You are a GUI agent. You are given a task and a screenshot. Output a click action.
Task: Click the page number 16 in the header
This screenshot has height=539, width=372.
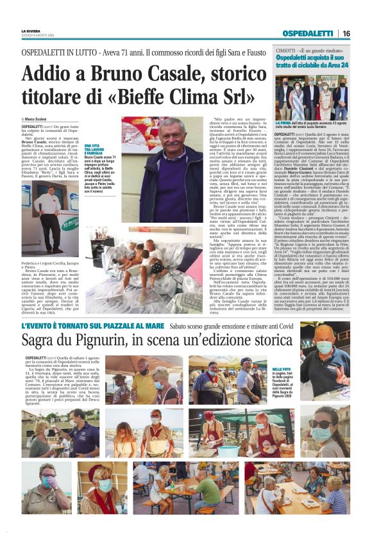[346, 33]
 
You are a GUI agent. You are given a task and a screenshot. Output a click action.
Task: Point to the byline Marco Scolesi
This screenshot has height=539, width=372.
[38, 120]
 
